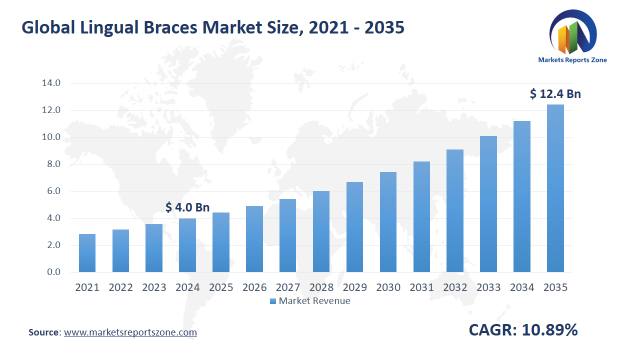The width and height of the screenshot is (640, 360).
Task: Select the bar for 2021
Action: click(x=87, y=253)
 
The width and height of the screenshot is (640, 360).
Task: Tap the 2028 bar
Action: click(x=321, y=231)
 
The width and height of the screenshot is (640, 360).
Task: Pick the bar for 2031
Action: click(x=421, y=216)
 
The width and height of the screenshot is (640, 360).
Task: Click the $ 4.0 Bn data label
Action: click(x=187, y=207)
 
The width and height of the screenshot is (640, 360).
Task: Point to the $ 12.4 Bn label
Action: click(x=555, y=93)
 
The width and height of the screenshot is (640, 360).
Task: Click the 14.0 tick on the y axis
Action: click(x=50, y=83)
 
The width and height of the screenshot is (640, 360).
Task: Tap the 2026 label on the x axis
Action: click(x=254, y=287)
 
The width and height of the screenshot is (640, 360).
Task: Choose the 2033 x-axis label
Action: click(x=488, y=287)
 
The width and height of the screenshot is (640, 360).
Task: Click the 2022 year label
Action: click(x=120, y=287)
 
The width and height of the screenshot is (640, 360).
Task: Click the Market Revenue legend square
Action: click(x=273, y=301)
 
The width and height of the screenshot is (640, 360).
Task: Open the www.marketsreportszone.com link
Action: click(x=130, y=332)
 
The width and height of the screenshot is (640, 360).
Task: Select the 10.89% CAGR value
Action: click(x=550, y=330)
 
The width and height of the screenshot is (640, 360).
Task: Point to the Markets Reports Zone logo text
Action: click(x=572, y=60)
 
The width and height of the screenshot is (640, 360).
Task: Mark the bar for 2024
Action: click(x=187, y=245)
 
